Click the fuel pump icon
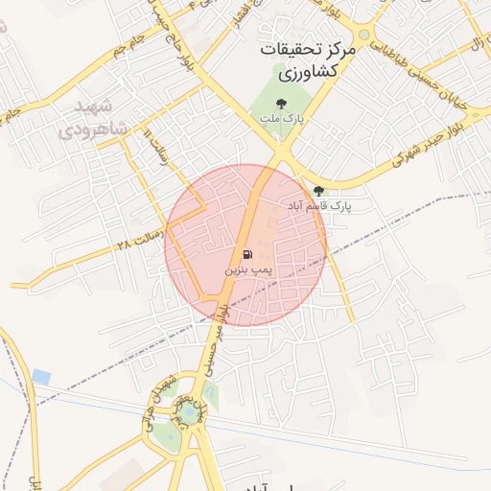pos(247,255)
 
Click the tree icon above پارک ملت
pos(281,103)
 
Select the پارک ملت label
pos(281,118)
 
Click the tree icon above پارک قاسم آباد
pos(319,191)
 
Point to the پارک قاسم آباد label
pos(319,206)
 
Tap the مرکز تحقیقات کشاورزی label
pos(308,59)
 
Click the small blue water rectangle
pos(40,377)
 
